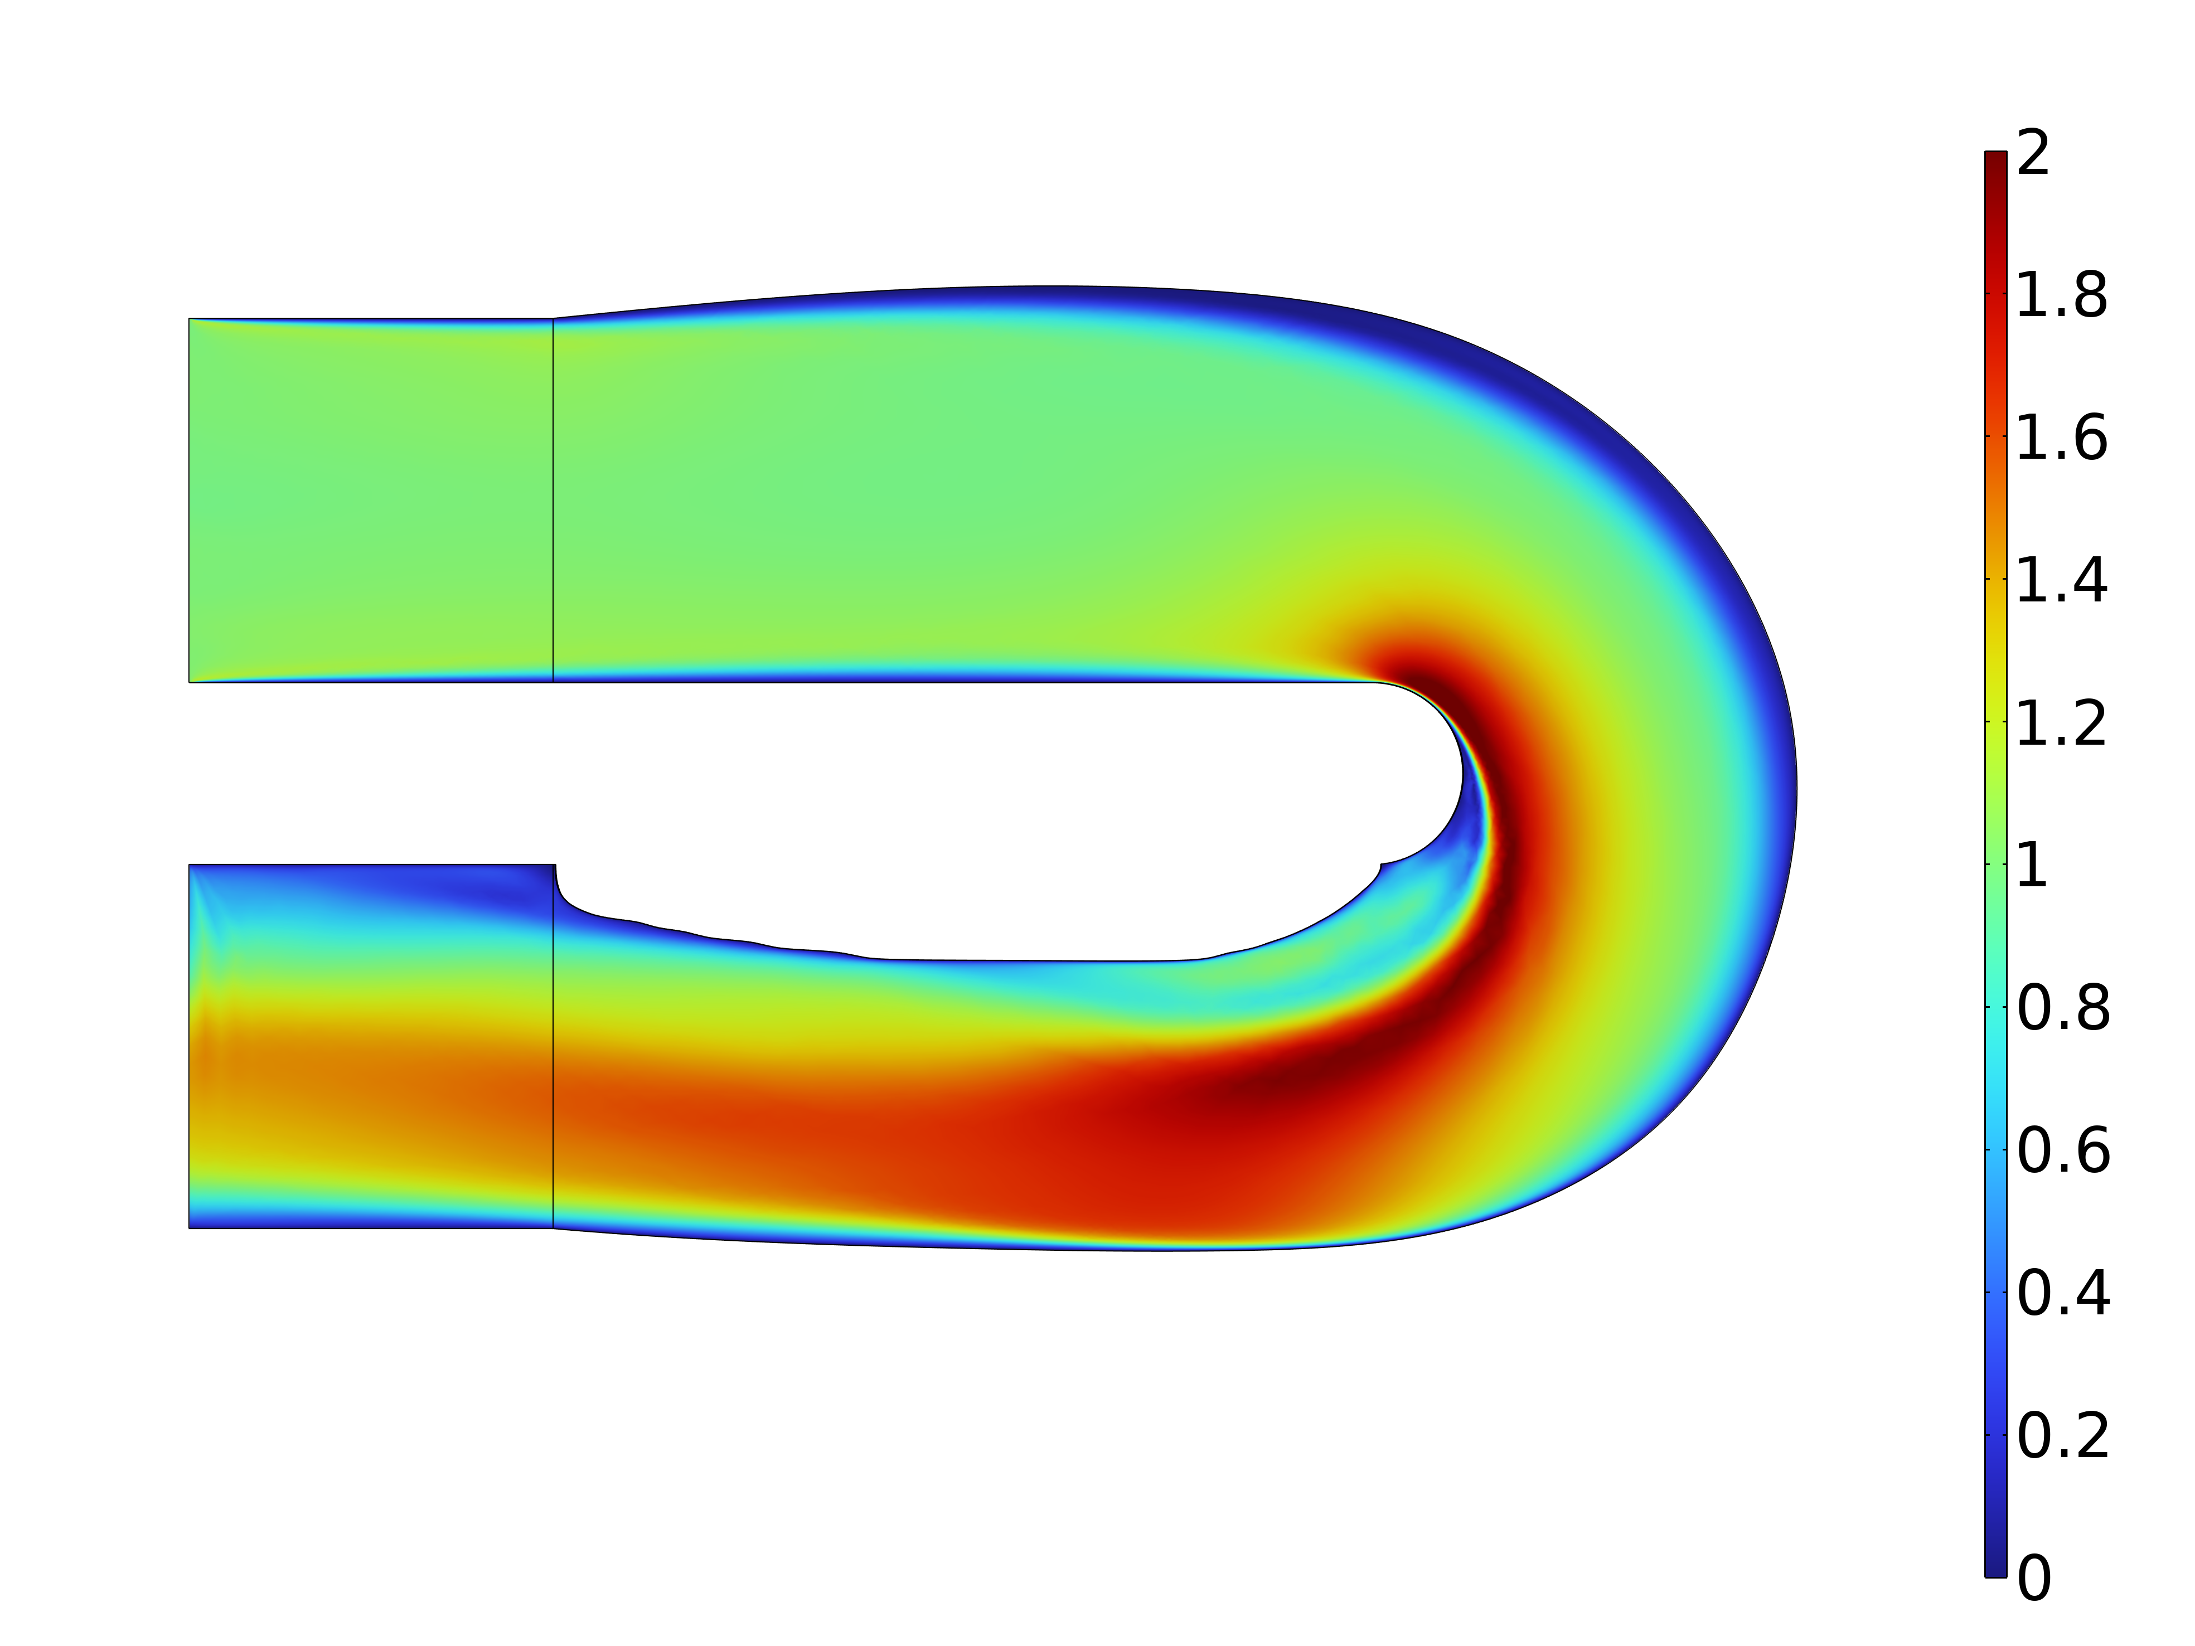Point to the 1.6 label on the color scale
2062,439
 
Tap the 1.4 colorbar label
2062,580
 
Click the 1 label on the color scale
2032,865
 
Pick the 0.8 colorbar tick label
2062,1008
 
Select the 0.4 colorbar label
2062,1293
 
